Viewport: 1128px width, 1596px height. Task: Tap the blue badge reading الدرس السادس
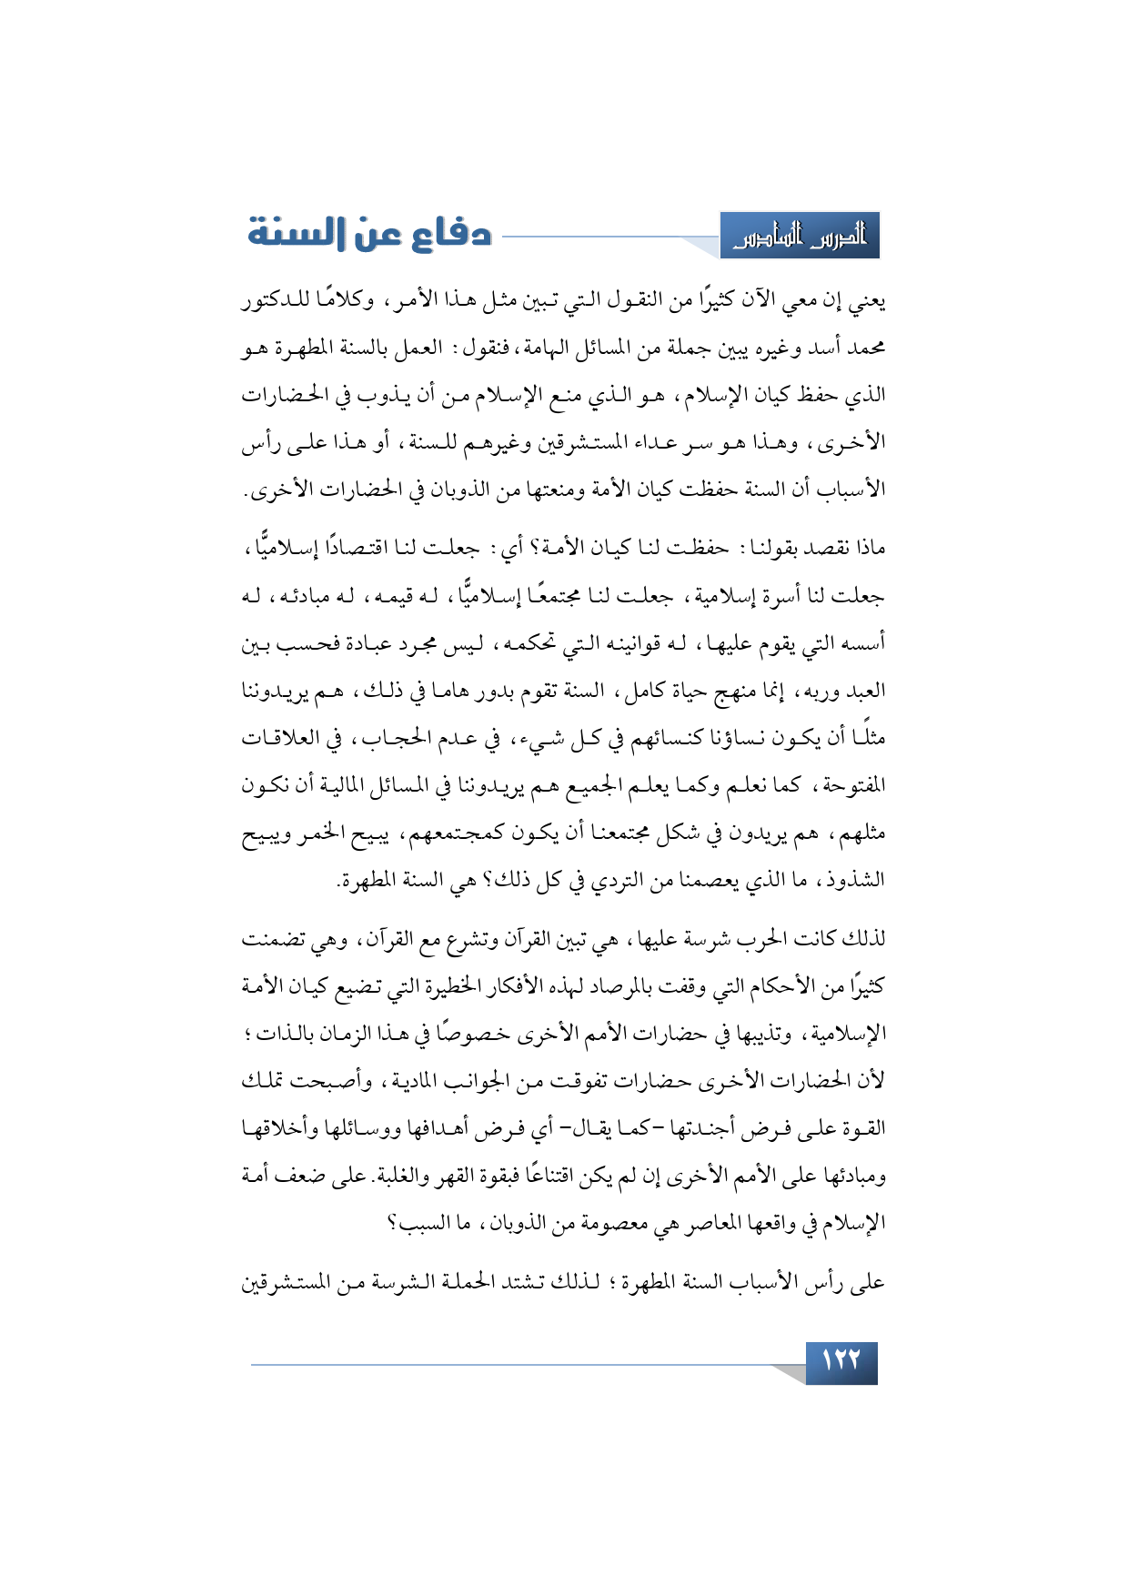click(x=800, y=237)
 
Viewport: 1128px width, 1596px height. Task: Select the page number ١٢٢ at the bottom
click(x=841, y=1362)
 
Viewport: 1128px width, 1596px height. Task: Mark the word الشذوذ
click(x=858, y=880)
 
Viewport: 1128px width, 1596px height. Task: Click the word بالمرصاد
click(x=609, y=985)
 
